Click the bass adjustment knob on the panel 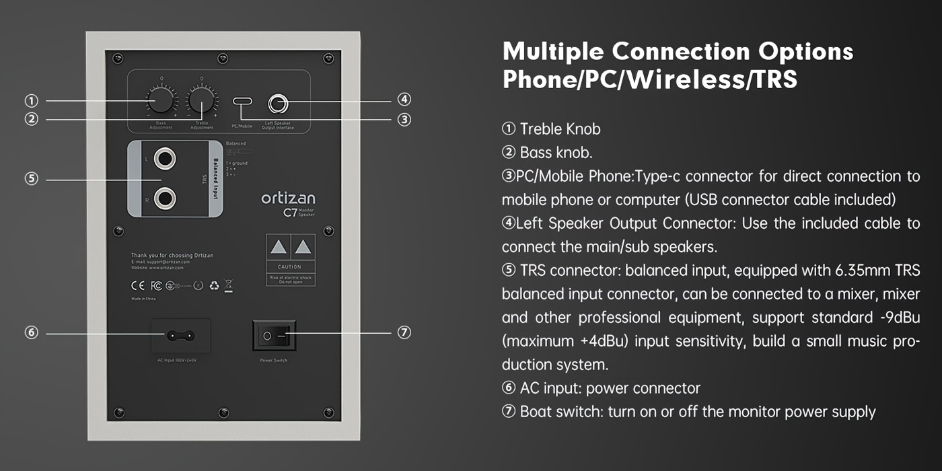click(x=161, y=101)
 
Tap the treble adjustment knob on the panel click(x=201, y=101)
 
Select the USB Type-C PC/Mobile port click(x=242, y=102)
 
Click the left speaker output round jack click(x=278, y=104)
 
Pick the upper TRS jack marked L click(x=165, y=159)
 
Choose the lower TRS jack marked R click(x=165, y=198)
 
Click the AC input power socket click(x=180, y=335)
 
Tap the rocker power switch click(x=274, y=335)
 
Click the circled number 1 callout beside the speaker click(x=31, y=101)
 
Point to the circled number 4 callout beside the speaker click(x=404, y=100)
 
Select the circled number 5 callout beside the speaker click(x=31, y=179)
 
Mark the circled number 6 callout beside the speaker click(x=31, y=332)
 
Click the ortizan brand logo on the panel click(x=288, y=198)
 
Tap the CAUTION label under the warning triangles click(x=290, y=267)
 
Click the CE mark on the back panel click(x=136, y=285)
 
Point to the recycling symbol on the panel click(x=214, y=285)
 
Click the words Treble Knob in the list click(x=560, y=129)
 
